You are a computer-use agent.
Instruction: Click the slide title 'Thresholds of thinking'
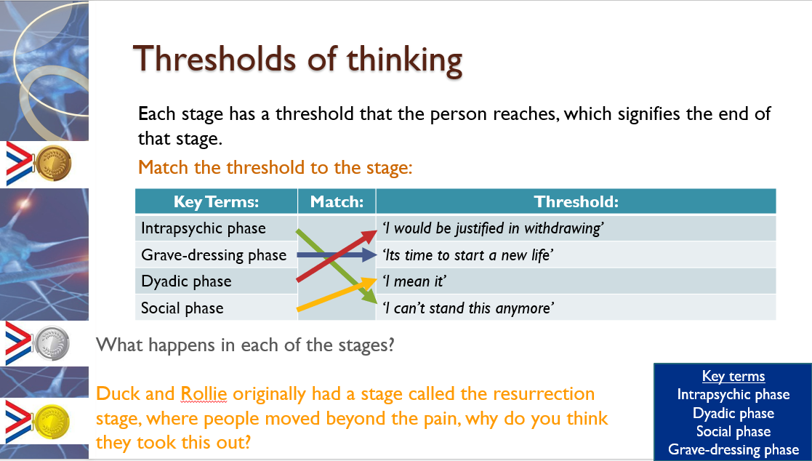(298, 60)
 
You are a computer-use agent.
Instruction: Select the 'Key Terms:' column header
(216, 201)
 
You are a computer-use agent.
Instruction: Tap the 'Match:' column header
(337, 201)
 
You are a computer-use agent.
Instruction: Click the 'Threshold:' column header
(576, 201)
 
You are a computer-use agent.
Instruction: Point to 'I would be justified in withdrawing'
(493, 228)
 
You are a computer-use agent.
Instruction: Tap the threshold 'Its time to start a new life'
(468, 254)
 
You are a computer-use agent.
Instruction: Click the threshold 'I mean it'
(414, 281)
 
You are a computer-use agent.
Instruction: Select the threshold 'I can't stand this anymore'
(468, 308)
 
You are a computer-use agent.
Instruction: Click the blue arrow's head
(370, 254)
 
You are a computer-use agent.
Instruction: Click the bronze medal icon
(53, 164)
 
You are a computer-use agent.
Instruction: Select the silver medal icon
(52, 343)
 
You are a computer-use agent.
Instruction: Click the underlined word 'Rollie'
(204, 393)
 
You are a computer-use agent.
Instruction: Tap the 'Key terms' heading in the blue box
(733, 376)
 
